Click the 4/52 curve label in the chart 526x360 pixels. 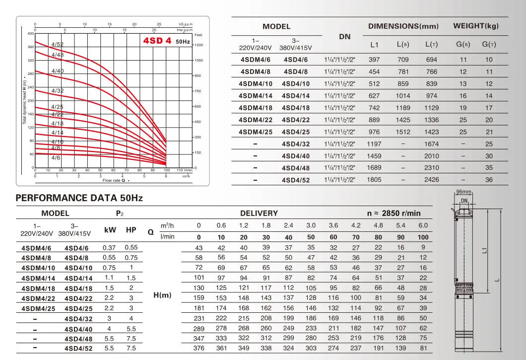pos(58,45)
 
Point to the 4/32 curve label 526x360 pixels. pos(58,91)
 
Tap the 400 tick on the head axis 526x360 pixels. pos(31,33)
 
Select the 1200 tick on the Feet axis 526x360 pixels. pos(198,45)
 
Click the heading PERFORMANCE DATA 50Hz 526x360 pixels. pos(79,198)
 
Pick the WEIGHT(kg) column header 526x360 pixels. pos(475,26)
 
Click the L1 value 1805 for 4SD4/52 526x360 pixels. pos(374,180)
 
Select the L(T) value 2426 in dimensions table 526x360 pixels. pos(431,180)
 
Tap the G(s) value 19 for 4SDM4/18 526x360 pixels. pos(463,108)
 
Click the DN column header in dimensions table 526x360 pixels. pos(344,37)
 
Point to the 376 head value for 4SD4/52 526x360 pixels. pos(199,348)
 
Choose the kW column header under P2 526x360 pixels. pos(110,230)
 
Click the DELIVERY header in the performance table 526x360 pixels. pos(259,213)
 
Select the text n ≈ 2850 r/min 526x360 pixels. pos(394,213)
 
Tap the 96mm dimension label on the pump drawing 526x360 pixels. pos(463,192)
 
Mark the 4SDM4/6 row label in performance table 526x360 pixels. pos(36,248)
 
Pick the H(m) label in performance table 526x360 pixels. pos(162,295)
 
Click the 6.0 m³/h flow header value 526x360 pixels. pos(423,225)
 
